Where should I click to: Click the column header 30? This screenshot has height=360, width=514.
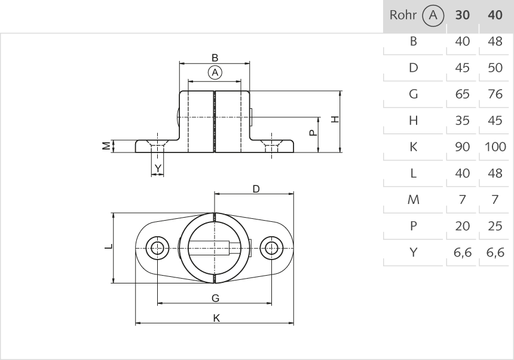pyautogui.click(x=462, y=16)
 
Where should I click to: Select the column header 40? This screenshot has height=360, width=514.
pyautogui.click(x=495, y=16)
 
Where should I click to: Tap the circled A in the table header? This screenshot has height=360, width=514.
pyautogui.click(x=432, y=16)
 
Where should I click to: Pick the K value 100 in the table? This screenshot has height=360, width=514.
pyautogui.click(x=495, y=147)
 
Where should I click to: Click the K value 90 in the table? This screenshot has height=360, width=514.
pyautogui.click(x=462, y=147)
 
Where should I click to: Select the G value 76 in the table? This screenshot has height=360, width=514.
pyautogui.click(x=495, y=94)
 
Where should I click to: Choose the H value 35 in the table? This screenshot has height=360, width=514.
pyautogui.click(x=462, y=121)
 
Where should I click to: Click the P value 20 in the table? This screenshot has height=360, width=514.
pyautogui.click(x=462, y=226)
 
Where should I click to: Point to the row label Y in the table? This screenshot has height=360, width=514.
pyautogui.click(x=413, y=252)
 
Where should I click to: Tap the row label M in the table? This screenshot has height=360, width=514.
pyautogui.click(x=413, y=200)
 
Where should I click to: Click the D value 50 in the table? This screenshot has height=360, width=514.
pyautogui.click(x=495, y=68)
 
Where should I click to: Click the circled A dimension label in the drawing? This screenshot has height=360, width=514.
pyautogui.click(x=215, y=72)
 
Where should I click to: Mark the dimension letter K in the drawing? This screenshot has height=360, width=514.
pyautogui.click(x=217, y=318)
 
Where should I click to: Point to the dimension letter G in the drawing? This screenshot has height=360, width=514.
pyautogui.click(x=215, y=298)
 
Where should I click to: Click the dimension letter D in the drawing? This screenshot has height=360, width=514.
pyautogui.click(x=256, y=189)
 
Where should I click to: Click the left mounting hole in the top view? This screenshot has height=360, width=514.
pyautogui.click(x=158, y=248)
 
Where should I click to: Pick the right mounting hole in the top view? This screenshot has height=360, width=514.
pyautogui.click(x=273, y=248)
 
